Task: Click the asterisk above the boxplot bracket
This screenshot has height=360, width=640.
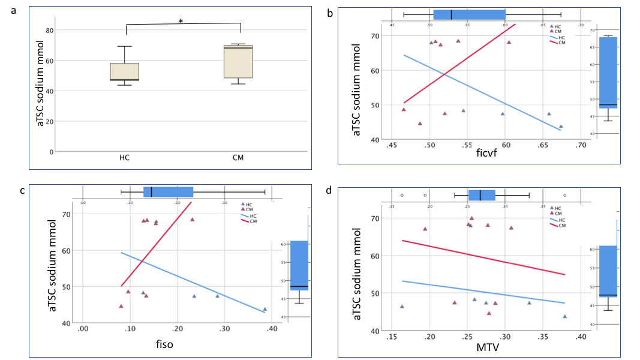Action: (x=181, y=22)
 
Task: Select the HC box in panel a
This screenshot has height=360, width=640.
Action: (x=125, y=71)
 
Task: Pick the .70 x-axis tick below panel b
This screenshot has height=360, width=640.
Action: (x=580, y=145)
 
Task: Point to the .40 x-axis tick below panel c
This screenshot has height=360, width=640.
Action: (x=272, y=329)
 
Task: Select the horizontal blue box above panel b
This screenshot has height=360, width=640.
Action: (x=469, y=14)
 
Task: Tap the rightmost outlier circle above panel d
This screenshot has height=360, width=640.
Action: (x=564, y=195)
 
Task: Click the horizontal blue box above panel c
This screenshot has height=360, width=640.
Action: (x=168, y=192)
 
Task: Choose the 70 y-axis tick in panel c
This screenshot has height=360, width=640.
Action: (x=66, y=214)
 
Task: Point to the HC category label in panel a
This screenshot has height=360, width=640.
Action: (x=125, y=158)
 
